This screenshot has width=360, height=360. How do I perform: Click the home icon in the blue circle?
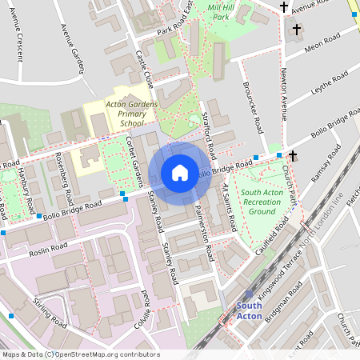180,173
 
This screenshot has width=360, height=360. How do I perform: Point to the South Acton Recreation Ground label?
262,202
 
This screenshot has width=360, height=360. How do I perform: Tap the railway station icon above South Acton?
249,294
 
